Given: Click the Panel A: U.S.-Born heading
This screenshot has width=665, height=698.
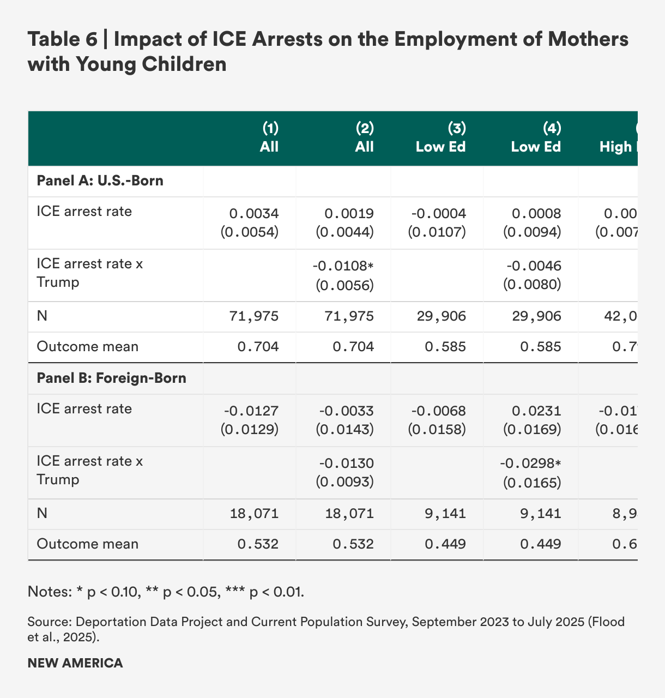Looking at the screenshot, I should pyautogui.click(x=100, y=180).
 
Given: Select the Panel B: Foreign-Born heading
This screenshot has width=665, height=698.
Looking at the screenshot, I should pyautogui.click(x=111, y=378).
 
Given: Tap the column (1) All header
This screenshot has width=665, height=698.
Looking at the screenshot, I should pyautogui.click(x=269, y=137).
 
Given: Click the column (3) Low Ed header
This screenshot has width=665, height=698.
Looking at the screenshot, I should pyautogui.click(x=440, y=137).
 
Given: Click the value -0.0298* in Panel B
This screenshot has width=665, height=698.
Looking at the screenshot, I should pyautogui.click(x=531, y=464).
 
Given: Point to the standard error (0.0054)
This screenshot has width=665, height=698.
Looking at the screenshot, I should pyautogui.click(x=250, y=232).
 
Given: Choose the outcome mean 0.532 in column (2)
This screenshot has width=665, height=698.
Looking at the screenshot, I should pyautogui.click(x=353, y=544).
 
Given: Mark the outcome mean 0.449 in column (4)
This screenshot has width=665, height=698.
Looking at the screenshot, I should pyautogui.click(x=541, y=544).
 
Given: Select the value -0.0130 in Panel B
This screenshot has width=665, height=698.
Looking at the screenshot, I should pyautogui.click(x=347, y=464).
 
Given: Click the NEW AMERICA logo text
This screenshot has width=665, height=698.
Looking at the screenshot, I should pyautogui.click(x=75, y=663).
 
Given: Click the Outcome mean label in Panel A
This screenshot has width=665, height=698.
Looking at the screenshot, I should pyautogui.click(x=87, y=346).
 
